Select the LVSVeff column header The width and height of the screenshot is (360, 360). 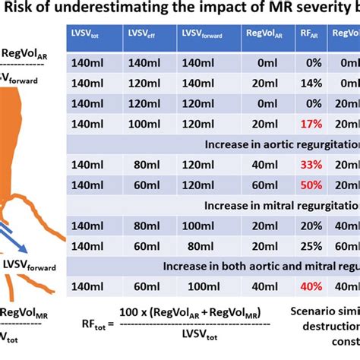pyautogui.click(x=142, y=36)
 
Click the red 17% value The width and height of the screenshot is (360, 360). pyautogui.click(x=308, y=123)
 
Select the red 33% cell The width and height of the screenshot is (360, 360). pyautogui.click(x=308, y=164)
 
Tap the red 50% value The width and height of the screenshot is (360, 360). pyautogui.click(x=308, y=184)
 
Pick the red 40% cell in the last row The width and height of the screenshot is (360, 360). pyautogui.click(x=308, y=286)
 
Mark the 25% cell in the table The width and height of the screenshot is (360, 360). pyautogui.click(x=308, y=245)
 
